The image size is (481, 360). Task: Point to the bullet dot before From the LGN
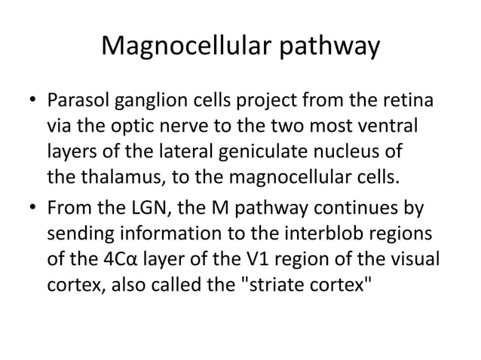click(x=32, y=208)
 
